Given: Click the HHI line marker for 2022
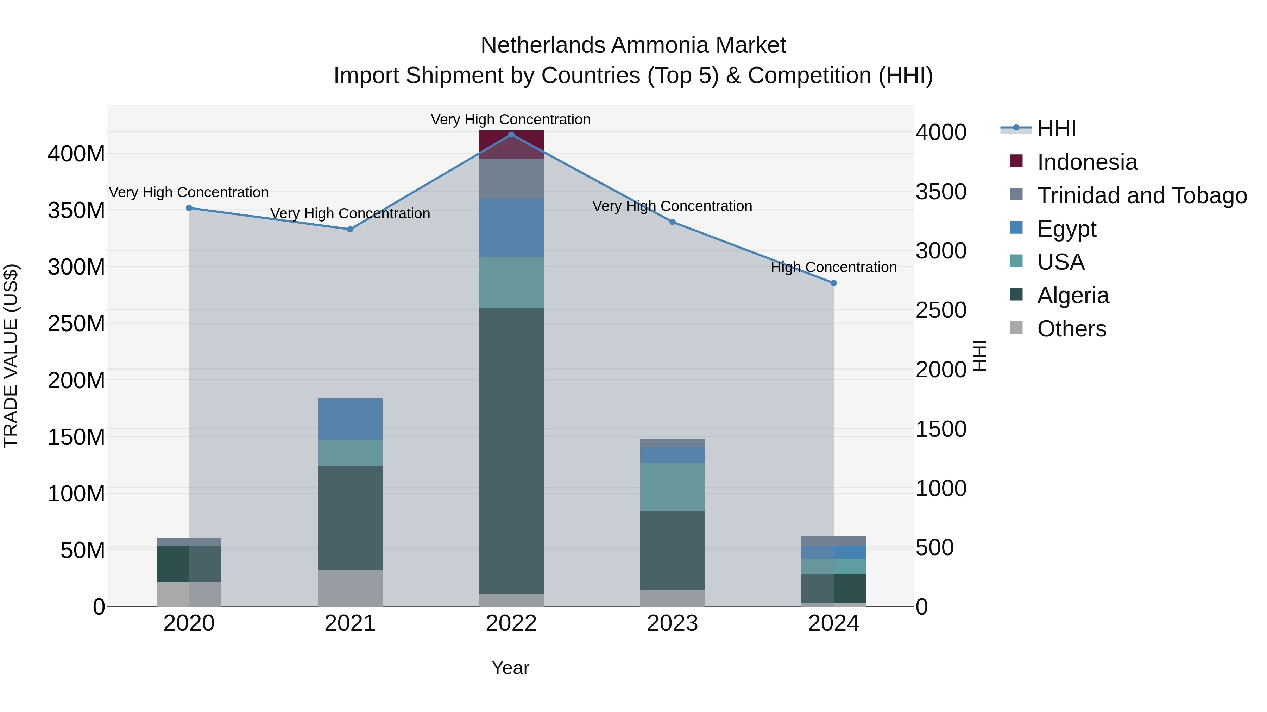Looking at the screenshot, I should [511, 135].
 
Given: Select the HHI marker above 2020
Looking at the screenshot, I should [189, 208].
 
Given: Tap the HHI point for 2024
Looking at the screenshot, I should [833, 283].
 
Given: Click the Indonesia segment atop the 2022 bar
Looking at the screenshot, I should [511, 145].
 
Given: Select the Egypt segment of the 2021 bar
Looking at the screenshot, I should [350, 419].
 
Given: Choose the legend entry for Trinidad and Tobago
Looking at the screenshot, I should [1142, 195].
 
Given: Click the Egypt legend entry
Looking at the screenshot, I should [1066, 229].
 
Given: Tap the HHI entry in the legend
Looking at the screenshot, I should [1057, 129].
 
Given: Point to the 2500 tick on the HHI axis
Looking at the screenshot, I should [940, 310].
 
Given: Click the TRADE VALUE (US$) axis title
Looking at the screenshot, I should [11, 356].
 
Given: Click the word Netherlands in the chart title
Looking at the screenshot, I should [543, 46].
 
